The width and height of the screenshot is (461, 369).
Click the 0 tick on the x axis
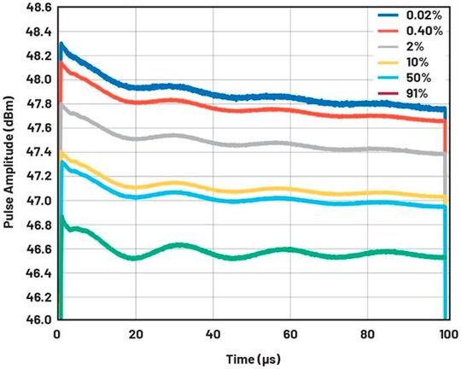56,333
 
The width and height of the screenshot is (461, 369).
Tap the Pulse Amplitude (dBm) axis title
10,162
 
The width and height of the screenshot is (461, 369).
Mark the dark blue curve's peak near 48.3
61,44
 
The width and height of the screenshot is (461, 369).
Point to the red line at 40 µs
212,107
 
